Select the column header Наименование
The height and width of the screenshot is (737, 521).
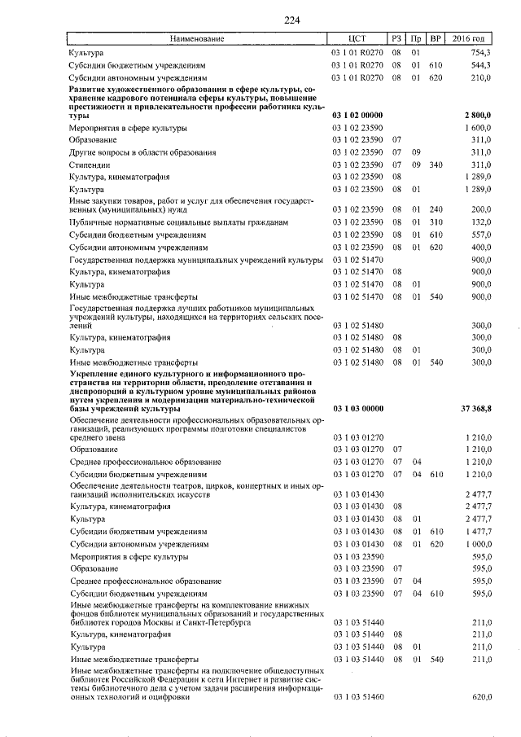195,38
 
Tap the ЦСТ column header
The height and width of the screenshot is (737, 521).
357,38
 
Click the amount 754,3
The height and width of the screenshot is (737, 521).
479,52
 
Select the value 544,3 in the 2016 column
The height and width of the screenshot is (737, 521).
479,65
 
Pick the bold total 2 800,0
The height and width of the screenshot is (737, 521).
476,116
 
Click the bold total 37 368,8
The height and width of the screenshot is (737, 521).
474,407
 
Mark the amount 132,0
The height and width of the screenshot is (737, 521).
479,222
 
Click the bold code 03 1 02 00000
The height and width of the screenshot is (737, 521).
358,116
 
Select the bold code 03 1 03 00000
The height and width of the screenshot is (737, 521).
358,407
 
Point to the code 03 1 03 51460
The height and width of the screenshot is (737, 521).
358,698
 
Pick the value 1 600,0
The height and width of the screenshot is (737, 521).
476,129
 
